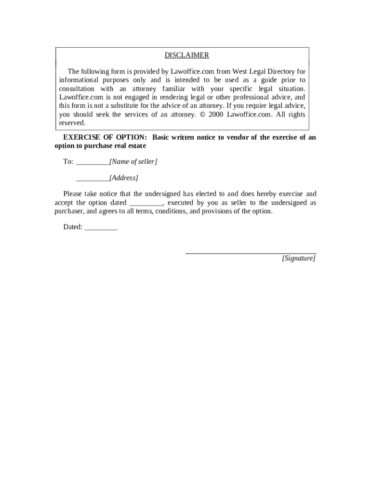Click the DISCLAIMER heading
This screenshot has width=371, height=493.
tap(186, 55)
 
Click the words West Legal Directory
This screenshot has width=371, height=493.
tap(260, 71)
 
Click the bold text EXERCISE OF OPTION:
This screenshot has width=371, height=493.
tap(105, 137)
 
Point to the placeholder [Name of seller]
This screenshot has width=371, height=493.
tap(133, 162)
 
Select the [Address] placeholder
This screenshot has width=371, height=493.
tap(124, 178)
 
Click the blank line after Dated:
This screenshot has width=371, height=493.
tap(101, 228)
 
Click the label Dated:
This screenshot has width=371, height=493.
tap(73, 227)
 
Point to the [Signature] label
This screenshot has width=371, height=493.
tap(299, 259)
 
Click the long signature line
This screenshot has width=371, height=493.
tap(251, 253)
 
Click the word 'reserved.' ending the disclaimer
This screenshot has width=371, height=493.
tap(72, 123)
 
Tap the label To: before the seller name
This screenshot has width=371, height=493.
tap(68, 162)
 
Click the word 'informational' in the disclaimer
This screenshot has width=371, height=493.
tap(79, 80)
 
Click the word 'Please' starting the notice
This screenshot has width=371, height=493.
tap(73, 194)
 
